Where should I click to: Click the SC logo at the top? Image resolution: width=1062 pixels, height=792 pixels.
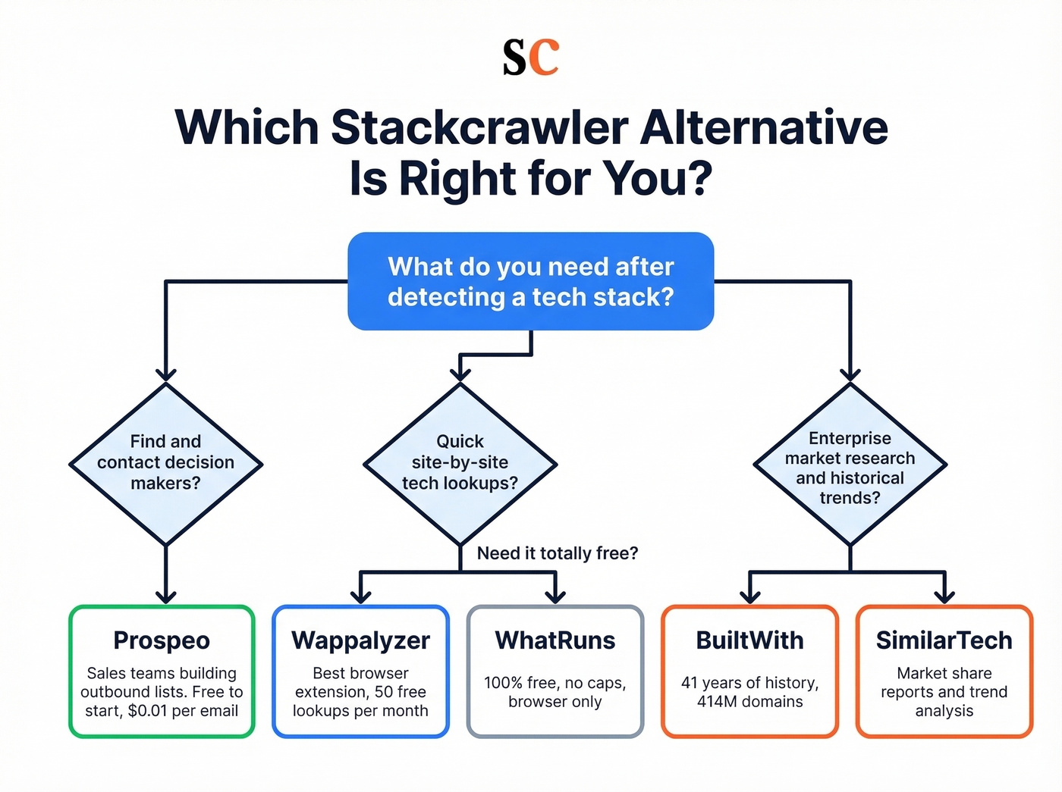pyautogui.click(x=530, y=58)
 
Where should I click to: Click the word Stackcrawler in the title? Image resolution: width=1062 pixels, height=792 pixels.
pyautogui.click(x=479, y=127)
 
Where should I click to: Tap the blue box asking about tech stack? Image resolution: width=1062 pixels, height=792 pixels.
pyautogui.click(x=530, y=281)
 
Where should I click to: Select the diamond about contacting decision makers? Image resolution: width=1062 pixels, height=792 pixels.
pyautogui.click(x=165, y=463)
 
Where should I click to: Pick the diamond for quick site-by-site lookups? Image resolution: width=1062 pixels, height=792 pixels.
pyautogui.click(x=460, y=463)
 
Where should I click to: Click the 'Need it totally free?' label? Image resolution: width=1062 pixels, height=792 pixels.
pyautogui.click(x=557, y=553)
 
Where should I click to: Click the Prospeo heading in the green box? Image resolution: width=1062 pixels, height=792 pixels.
pyautogui.click(x=162, y=640)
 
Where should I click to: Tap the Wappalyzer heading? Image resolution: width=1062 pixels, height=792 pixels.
pyautogui.click(x=360, y=640)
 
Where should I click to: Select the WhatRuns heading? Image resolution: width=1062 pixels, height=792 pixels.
pyautogui.click(x=555, y=640)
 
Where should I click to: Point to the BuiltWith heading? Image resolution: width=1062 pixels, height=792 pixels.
pyautogui.click(x=749, y=640)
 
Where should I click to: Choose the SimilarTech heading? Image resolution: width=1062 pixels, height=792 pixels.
pyautogui.click(x=944, y=640)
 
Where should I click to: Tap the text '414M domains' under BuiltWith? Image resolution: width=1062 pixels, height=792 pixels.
pyautogui.click(x=749, y=702)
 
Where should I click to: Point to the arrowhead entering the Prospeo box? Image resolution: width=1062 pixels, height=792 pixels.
pyautogui.click(x=165, y=596)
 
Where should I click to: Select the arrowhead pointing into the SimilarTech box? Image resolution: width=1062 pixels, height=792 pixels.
pyautogui.click(x=944, y=596)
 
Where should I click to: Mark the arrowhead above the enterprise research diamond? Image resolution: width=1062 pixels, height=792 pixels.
pyautogui.click(x=850, y=374)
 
